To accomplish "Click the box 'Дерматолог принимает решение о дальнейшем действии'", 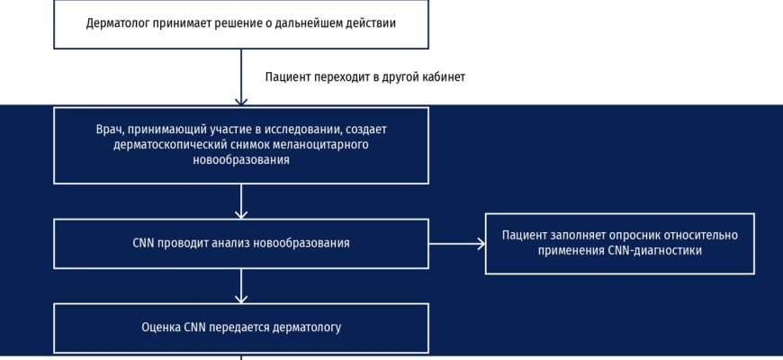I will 241,24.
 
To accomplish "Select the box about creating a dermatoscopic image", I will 241,145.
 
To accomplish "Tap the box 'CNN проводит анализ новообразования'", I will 241,243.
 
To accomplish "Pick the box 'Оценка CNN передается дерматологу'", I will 241,328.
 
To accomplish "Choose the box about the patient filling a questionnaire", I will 619,243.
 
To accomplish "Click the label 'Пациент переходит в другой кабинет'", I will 364,77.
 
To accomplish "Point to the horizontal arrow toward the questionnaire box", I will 456,243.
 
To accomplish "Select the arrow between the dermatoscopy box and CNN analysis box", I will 241,201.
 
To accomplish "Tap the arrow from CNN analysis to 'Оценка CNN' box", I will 241,285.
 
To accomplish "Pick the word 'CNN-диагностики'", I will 656,251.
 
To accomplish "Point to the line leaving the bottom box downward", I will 241,356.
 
